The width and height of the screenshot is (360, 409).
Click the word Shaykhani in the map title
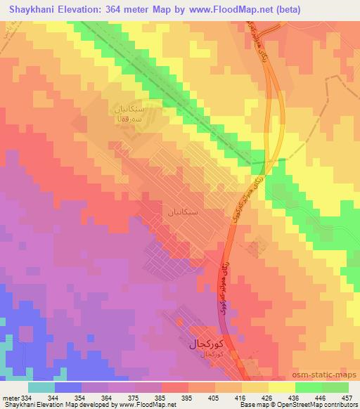[x=36, y=9]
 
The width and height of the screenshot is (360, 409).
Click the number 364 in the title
[x=135, y=9]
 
